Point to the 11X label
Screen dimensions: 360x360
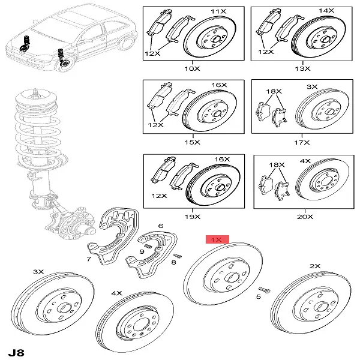pos(215,11)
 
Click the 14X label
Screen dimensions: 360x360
pos(326,11)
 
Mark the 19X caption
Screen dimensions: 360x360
pos(192,215)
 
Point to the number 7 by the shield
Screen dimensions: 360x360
pos(88,259)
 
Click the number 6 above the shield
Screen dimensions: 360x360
pos(160,226)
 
